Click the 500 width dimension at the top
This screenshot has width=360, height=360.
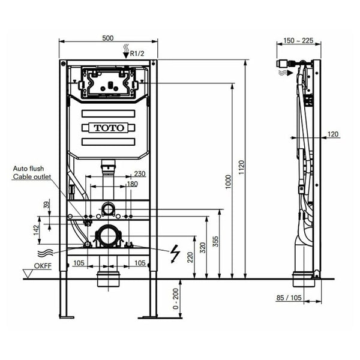click(108, 38)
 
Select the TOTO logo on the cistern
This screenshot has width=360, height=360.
click(109, 128)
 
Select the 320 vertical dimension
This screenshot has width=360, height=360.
click(202, 246)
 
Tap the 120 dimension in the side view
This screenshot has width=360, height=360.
click(333, 134)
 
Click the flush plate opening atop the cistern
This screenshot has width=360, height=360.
click(108, 82)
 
